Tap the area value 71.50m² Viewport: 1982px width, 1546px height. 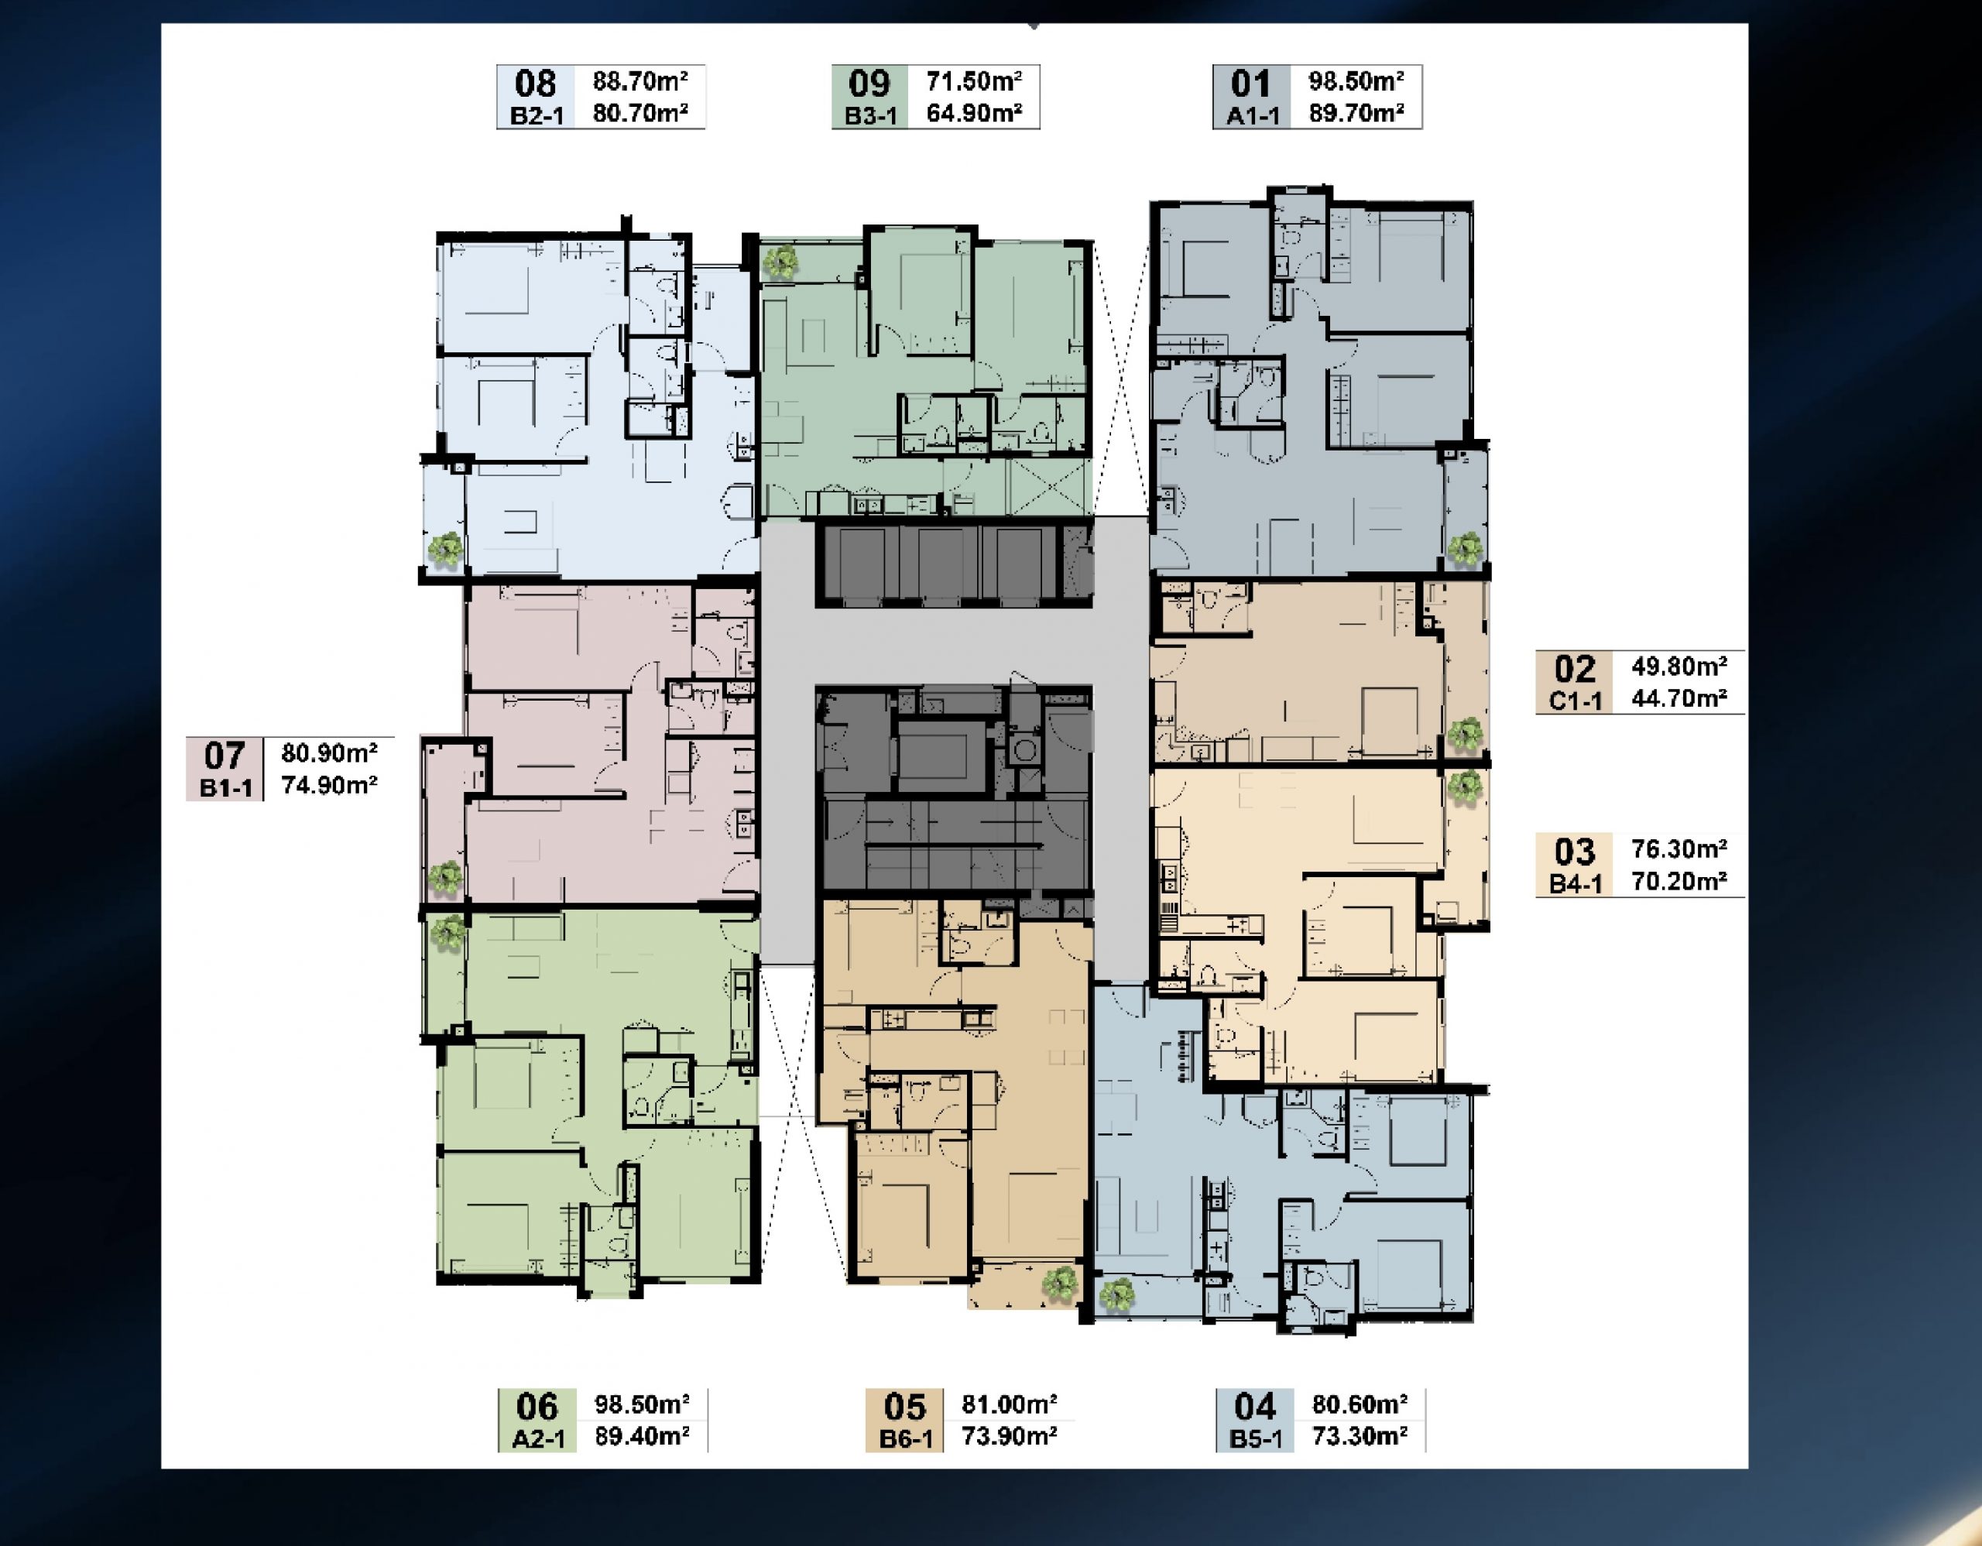(974, 81)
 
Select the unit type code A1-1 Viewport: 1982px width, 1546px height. (1253, 116)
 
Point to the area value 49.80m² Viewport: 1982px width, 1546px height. (1679, 666)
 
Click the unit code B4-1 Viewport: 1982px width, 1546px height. (1576, 883)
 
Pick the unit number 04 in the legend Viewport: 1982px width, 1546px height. (1255, 1407)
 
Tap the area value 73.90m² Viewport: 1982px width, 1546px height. (1009, 1436)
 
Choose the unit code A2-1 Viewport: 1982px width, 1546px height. (538, 1439)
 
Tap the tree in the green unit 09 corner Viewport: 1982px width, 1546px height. (780, 263)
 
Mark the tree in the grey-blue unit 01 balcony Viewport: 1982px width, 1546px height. (1464, 549)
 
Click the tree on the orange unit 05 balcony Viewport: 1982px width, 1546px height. (1059, 1284)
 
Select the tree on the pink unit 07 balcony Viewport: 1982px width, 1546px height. (444, 876)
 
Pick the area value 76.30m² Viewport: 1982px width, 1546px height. (1679, 848)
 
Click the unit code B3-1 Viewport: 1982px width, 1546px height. (870, 116)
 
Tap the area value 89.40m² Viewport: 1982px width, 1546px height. (642, 1436)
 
